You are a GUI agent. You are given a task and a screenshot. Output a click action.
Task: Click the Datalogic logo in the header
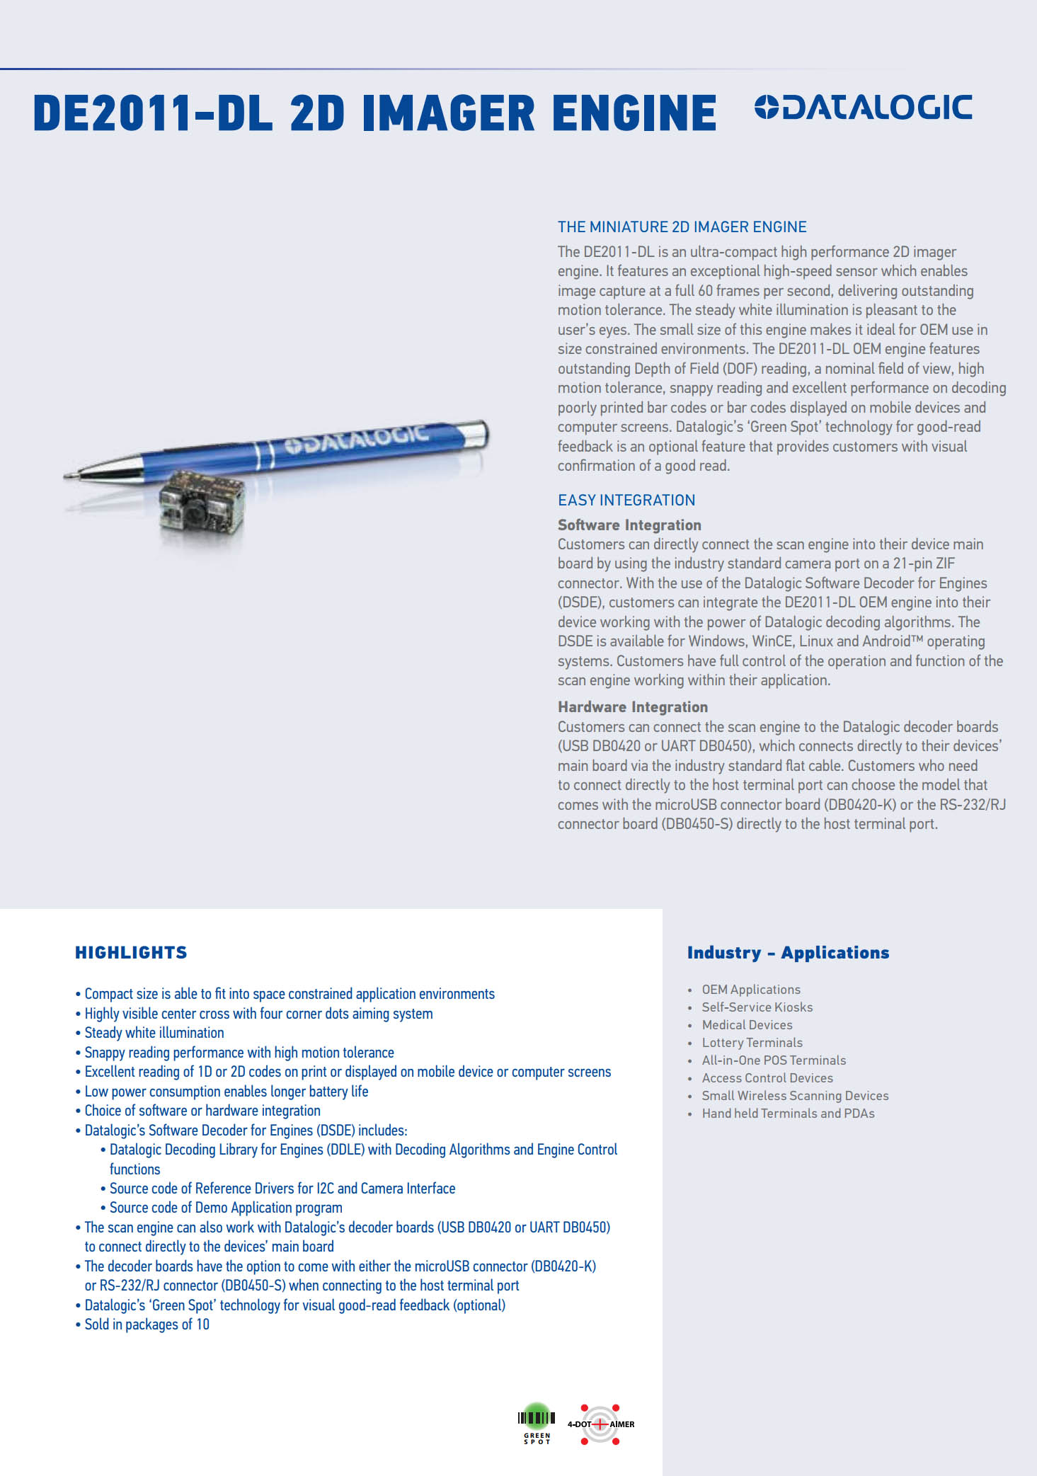point(864,108)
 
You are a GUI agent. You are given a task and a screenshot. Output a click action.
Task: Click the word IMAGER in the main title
point(449,114)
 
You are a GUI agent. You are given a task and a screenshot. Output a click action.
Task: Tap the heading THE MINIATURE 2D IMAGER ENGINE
point(682,227)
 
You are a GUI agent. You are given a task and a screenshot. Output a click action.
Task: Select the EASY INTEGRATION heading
point(626,500)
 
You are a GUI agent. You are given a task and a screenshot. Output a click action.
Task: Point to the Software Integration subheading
point(629,525)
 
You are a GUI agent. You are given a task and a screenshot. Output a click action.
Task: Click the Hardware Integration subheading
point(633,707)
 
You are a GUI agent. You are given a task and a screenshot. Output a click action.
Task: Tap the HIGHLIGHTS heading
point(131,953)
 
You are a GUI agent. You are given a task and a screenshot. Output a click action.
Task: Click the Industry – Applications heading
point(788,953)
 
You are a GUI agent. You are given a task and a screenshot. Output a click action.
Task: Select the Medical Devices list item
point(747,1025)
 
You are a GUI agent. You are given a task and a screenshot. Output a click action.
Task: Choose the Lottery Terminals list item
point(752,1043)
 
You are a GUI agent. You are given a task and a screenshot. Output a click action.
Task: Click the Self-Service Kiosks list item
point(757,1007)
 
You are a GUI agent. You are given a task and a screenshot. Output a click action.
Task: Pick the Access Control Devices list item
point(767,1078)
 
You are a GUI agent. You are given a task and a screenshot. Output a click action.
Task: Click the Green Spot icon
point(537,1422)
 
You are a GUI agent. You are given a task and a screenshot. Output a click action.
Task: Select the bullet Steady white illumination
point(154,1033)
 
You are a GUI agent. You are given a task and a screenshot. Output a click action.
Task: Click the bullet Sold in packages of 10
point(147,1325)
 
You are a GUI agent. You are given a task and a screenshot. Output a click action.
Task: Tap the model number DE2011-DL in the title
point(152,114)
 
